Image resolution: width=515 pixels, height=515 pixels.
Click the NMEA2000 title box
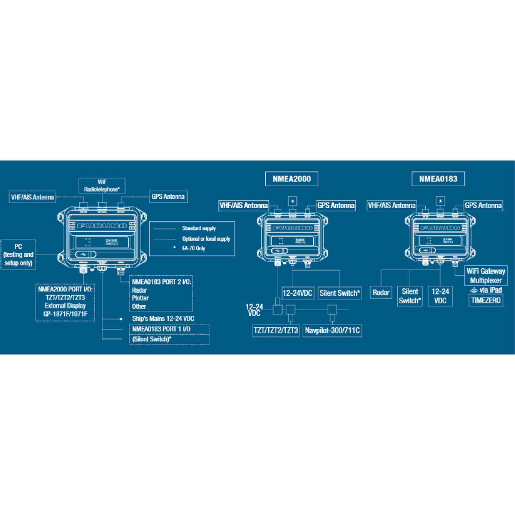click(291, 179)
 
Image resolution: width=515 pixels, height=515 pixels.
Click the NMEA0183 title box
click(438, 179)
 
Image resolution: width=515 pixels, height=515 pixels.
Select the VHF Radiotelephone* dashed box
click(102, 186)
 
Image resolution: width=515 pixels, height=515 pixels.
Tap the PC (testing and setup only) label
click(18, 254)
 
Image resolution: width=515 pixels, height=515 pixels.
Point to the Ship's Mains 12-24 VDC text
click(163, 319)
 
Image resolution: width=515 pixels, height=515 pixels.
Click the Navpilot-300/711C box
click(332, 330)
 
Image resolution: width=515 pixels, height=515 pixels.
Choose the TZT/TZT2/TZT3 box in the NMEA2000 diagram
click(276, 330)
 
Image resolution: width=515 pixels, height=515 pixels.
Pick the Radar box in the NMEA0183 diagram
click(381, 293)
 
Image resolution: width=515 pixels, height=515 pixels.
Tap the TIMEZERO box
click(486, 300)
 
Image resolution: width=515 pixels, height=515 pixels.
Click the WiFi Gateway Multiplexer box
click(486, 276)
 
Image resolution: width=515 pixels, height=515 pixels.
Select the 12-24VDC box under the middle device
click(297, 293)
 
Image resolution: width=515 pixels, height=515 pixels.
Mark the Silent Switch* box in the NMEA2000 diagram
click(339, 293)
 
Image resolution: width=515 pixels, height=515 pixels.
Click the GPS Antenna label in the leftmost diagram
click(168, 197)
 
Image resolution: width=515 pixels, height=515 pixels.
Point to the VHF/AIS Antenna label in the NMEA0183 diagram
click(391, 206)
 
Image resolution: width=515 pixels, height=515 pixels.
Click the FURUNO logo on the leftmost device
click(102, 226)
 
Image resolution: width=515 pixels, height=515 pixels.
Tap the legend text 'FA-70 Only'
click(194, 248)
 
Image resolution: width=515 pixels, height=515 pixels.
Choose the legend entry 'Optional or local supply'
click(206, 239)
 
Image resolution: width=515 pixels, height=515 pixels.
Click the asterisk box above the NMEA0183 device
click(440, 201)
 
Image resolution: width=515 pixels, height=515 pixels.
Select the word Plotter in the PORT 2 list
click(140, 298)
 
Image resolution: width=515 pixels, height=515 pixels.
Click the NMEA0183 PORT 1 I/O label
click(161, 329)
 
